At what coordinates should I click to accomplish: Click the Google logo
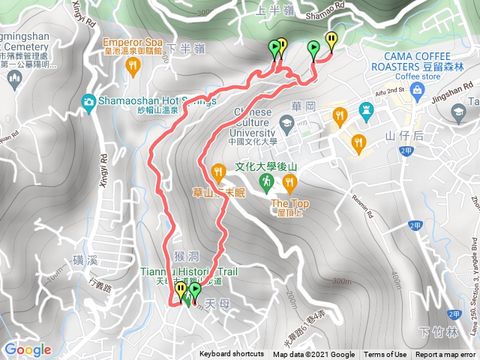click(x=27, y=349)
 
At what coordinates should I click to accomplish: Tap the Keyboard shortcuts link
click(x=232, y=355)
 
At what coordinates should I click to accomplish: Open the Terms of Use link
click(x=385, y=355)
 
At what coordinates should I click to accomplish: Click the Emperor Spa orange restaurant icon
click(x=134, y=67)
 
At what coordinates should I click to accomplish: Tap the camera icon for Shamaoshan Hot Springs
click(x=89, y=101)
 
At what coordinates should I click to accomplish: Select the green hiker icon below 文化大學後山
click(x=267, y=182)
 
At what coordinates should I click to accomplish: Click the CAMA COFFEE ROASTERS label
click(x=418, y=60)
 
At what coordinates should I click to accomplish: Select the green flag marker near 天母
click(x=195, y=291)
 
